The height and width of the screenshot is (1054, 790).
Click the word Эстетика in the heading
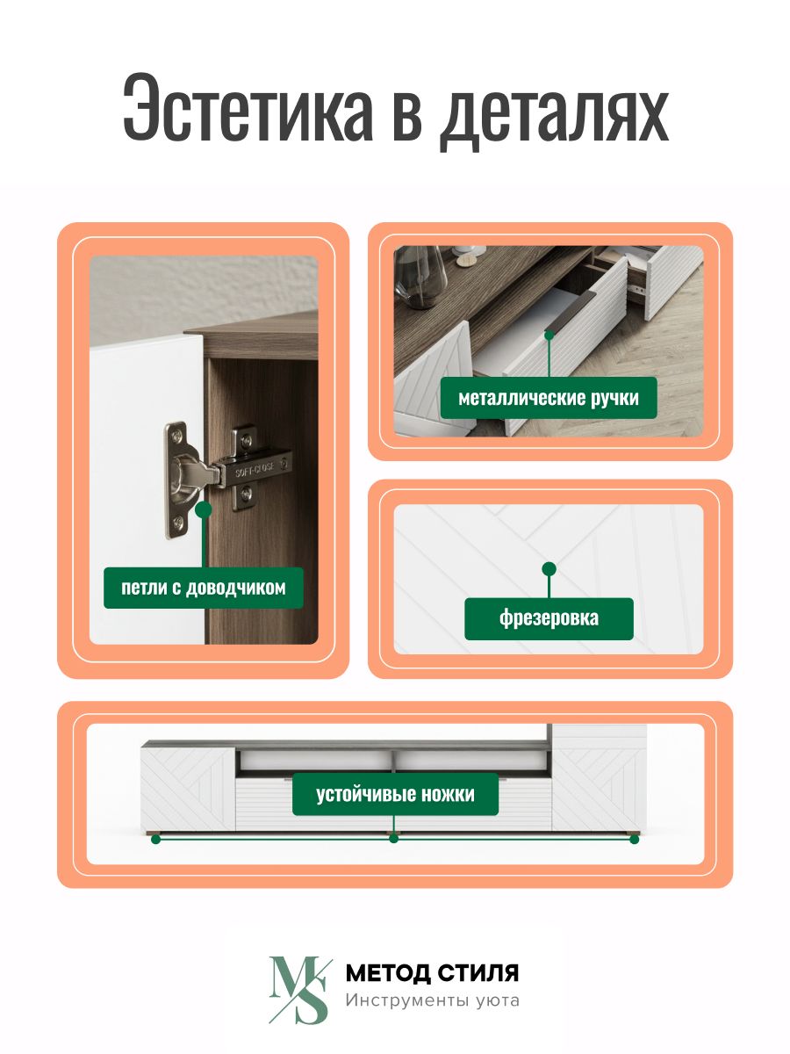(x=248, y=107)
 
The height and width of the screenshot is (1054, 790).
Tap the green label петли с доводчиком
(x=204, y=588)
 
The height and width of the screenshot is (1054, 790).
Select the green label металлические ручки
(x=549, y=398)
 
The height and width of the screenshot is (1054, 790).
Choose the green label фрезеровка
(x=549, y=618)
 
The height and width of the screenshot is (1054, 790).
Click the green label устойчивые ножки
(x=395, y=794)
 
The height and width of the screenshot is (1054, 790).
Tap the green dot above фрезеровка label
(x=549, y=569)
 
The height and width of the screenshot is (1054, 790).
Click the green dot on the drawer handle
(x=549, y=336)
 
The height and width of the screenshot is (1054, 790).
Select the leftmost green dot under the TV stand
(x=155, y=840)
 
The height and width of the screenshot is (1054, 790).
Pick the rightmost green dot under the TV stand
(x=634, y=840)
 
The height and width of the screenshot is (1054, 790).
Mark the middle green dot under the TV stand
(x=394, y=839)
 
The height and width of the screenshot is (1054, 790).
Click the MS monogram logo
(x=300, y=990)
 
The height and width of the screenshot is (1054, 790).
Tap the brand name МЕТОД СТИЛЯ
(x=432, y=973)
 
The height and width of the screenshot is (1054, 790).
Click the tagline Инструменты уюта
(x=432, y=1001)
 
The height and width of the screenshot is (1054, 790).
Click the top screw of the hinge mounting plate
(x=177, y=436)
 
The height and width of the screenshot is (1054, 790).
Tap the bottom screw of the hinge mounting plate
(x=178, y=523)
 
